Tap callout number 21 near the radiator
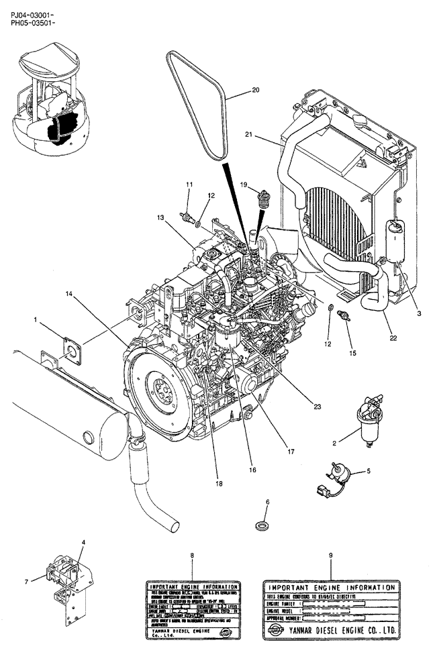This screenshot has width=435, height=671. pos(268,135)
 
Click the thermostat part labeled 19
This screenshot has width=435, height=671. pos(264,199)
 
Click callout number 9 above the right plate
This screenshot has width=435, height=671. pos(330,556)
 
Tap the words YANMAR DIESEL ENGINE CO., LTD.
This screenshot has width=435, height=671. pos(344,631)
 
